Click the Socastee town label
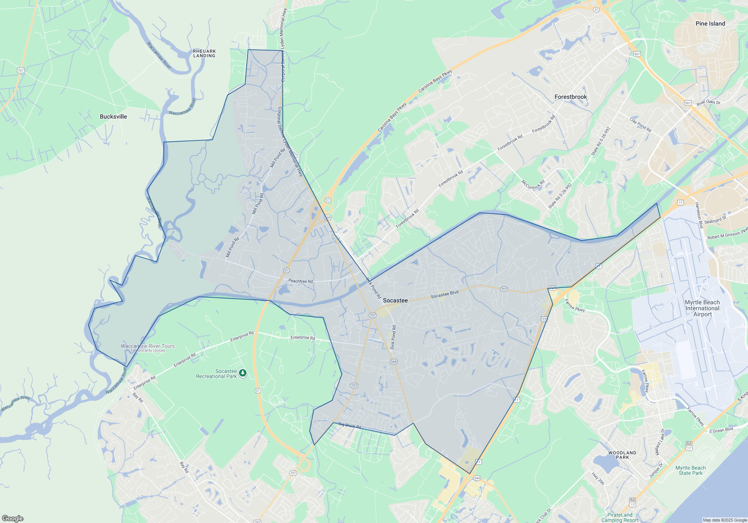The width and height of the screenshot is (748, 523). point(395,300)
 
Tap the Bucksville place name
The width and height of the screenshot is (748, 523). point(113,117)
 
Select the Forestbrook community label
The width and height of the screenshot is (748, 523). point(571,97)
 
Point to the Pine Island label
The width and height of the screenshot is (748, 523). point(710,24)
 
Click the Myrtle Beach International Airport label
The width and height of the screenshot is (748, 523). point(702,308)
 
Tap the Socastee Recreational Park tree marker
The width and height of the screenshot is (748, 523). point(243,373)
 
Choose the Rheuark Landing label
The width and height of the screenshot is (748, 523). point(204,53)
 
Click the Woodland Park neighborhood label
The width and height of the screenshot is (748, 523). point(622,455)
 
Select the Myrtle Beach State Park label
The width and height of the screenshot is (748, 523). point(690,470)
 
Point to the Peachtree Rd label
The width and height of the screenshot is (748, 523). point(300,281)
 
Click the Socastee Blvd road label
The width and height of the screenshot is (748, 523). point(444,294)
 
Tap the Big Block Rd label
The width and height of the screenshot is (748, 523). point(350,425)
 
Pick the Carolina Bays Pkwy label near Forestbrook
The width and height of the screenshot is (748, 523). point(435,81)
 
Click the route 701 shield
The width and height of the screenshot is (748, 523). point(21,70)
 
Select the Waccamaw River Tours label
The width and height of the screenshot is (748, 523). point(148,346)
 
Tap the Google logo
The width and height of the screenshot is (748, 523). point(13,518)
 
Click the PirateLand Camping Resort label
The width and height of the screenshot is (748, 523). point(620,517)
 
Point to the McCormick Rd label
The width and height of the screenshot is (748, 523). point(533,185)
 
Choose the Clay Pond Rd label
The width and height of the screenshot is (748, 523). point(640,125)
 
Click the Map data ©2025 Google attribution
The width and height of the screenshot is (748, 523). point(724,520)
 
